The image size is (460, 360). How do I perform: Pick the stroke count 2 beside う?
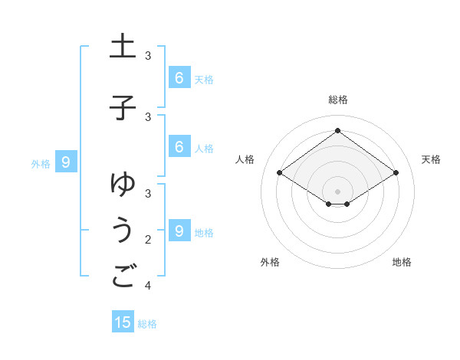pyautogui.click(x=148, y=239)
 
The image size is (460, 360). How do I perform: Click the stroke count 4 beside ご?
pyautogui.click(x=148, y=286)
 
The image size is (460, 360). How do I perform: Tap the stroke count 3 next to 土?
pyautogui.click(x=148, y=56)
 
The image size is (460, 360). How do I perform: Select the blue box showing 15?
pyautogui.click(x=123, y=322)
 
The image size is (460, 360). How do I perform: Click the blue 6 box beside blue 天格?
pyautogui.click(x=179, y=77)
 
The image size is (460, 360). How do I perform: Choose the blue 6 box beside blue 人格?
pyautogui.click(x=179, y=147)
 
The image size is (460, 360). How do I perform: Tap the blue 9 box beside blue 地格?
pyautogui.click(x=179, y=231)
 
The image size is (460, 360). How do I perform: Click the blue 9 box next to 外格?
pyautogui.click(x=66, y=162)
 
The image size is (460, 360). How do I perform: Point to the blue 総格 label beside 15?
pyautogui.click(x=147, y=324)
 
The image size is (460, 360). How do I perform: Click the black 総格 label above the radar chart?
pyautogui.click(x=337, y=100)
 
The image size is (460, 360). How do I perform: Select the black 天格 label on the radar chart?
pyautogui.click(x=431, y=159)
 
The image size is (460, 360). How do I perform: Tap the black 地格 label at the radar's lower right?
pyautogui.click(x=402, y=262)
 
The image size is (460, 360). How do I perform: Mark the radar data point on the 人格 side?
pyautogui.click(x=280, y=173)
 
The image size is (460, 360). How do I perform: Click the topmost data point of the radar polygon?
pyautogui.click(x=337, y=130)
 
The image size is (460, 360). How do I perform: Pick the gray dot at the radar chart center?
pyautogui.click(x=337, y=191)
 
